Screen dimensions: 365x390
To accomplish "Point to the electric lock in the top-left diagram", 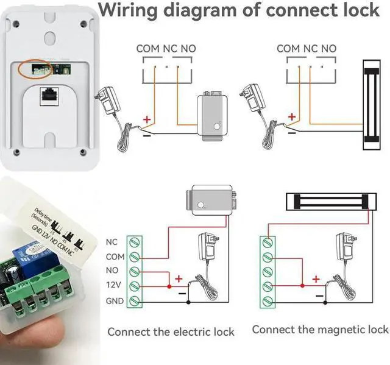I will pyautogui.click(x=211, y=117).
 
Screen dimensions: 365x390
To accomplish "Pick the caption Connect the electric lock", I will pyautogui.click(x=171, y=332).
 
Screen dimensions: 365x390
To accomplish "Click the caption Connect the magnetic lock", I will pyautogui.click(x=320, y=330).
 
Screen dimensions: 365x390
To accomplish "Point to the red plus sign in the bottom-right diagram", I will pyautogui.click(x=316, y=279).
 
